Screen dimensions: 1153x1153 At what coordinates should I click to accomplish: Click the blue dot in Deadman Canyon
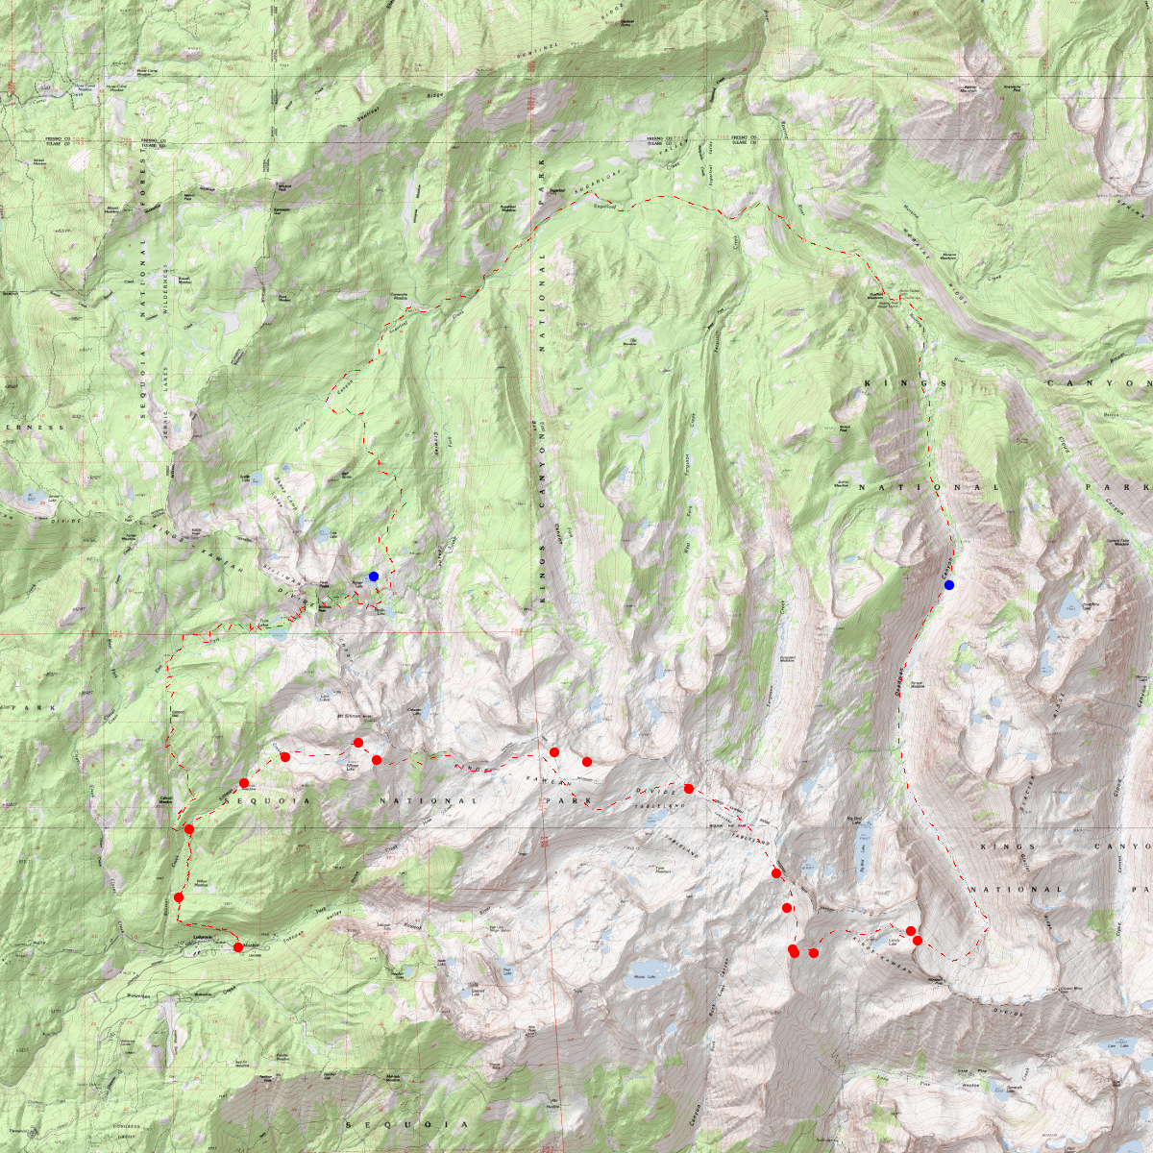tap(949, 585)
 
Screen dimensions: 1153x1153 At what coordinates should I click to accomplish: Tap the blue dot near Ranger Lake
tap(374, 576)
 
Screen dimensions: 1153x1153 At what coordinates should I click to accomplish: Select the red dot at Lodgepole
tap(238, 947)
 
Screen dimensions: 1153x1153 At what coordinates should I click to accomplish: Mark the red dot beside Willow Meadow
tap(179, 897)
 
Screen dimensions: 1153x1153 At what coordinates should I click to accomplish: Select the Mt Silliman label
tap(352, 716)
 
